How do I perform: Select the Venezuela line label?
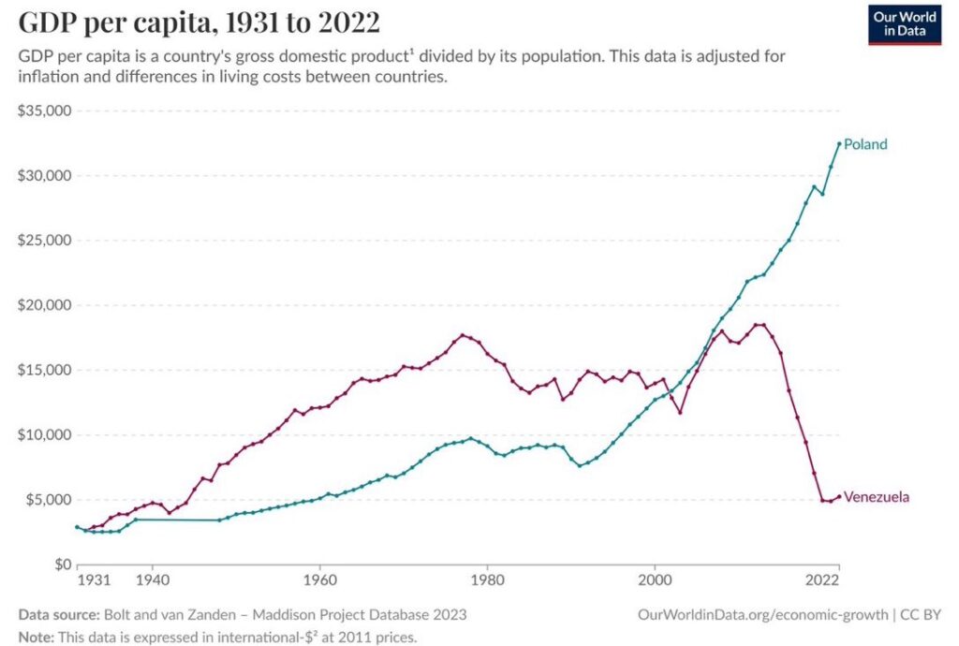coord(877,497)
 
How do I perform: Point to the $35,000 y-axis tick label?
coord(45,111)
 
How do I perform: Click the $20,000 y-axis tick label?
coord(45,305)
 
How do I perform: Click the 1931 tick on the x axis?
coord(94,581)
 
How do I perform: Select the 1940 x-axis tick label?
coord(152,581)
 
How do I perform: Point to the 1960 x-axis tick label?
coord(320,581)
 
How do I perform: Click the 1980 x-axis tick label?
coord(487,581)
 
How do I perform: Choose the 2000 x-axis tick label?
coord(655,581)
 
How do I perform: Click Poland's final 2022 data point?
coord(839,143)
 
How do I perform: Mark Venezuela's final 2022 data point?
coord(839,496)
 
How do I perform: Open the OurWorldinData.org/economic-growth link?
coord(763,615)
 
